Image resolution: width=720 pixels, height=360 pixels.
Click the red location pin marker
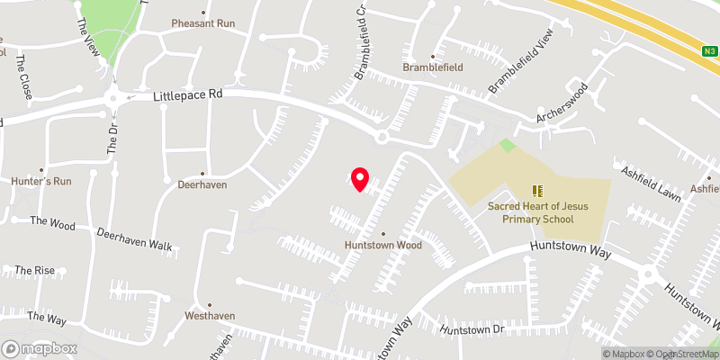(x=360, y=179)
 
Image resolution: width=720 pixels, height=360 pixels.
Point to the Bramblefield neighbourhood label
(x=432, y=67)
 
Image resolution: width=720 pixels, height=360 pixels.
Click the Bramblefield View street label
(x=519, y=68)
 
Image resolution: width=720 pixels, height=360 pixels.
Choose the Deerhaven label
(x=202, y=184)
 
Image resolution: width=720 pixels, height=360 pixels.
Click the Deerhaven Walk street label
(x=134, y=238)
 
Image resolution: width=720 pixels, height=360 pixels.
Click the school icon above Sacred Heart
(x=538, y=191)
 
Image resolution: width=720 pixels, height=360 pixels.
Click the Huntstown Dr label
(x=470, y=330)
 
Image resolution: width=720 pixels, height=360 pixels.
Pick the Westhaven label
(x=209, y=317)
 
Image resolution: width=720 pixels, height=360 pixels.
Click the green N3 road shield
(x=709, y=52)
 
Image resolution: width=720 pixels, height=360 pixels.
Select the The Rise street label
(x=34, y=270)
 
